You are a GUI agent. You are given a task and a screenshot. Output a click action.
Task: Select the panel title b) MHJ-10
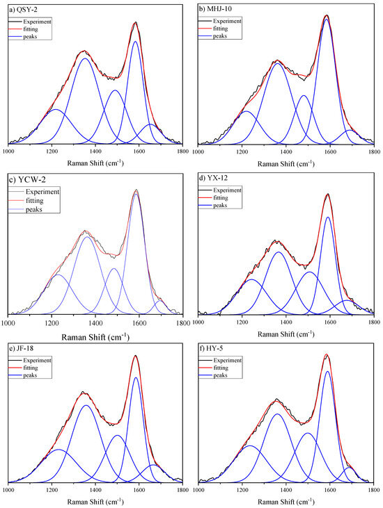pyautogui.click(x=215, y=9)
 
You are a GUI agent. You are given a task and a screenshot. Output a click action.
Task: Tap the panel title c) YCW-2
pyautogui.click(x=27, y=179)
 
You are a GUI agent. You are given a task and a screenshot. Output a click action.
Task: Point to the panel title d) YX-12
pyautogui.click(x=214, y=178)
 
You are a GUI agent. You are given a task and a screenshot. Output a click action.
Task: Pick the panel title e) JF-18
pyautogui.click(x=22, y=348)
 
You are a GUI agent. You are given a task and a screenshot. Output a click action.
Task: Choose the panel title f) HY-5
pyautogui.click(x=211, y=348)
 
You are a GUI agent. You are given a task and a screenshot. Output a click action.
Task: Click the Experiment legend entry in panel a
pyautogui.click(x=29, y=22)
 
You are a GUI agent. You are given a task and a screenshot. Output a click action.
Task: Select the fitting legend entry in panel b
pyautogui.click(x=213, y=28)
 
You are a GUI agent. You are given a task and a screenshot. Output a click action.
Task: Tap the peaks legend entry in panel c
pyautogui.click(x=26, y=209)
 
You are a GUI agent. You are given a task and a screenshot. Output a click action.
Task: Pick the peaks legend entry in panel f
pyautogui.click(x=213, y=375)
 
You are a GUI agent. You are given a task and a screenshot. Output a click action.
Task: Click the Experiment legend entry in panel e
pyautogui.click(x=29, y=360)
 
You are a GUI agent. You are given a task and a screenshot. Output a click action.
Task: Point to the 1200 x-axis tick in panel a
pyautogui.click(x=52, y=151)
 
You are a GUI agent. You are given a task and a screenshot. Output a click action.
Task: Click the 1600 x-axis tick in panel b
pyautogui.click(x=330, y=151)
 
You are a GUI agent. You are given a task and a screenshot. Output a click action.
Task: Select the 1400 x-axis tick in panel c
pyautogui.click(x=95, y=322)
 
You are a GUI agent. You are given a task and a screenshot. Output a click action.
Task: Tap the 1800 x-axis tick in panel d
pyautogui.click(x=374, y=322)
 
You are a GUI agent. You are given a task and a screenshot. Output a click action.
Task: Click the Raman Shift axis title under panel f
pyautogui.click(x=286, y=502)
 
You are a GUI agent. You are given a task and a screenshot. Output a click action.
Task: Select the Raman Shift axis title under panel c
pyautogui.click(x=95, y=337)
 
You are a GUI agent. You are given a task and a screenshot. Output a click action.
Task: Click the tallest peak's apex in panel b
pyautogui.click(x=327, y=15)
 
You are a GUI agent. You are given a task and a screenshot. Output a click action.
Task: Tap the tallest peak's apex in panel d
pyautogui.click(x=328, y=194)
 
